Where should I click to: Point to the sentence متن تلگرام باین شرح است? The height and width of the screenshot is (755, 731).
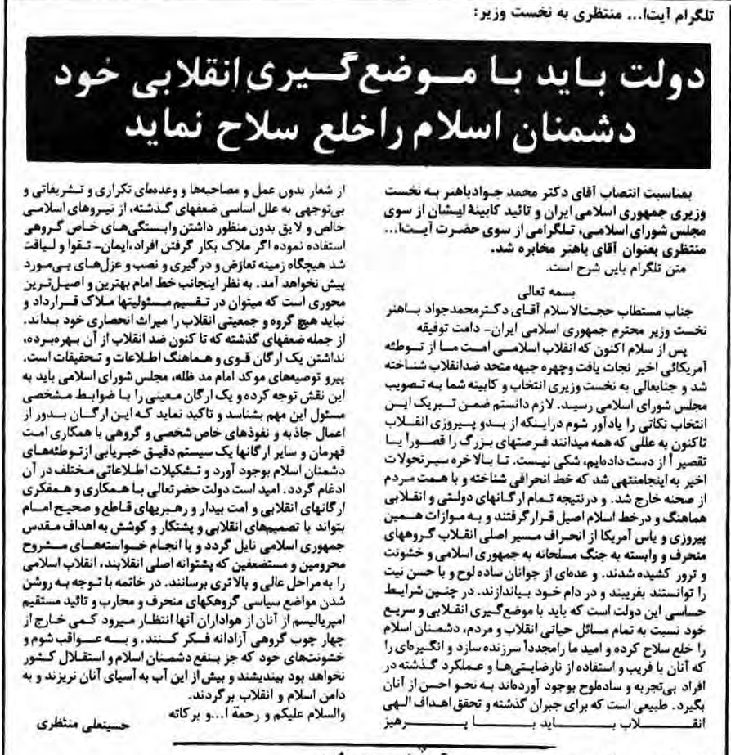click(x=621, y=267)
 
